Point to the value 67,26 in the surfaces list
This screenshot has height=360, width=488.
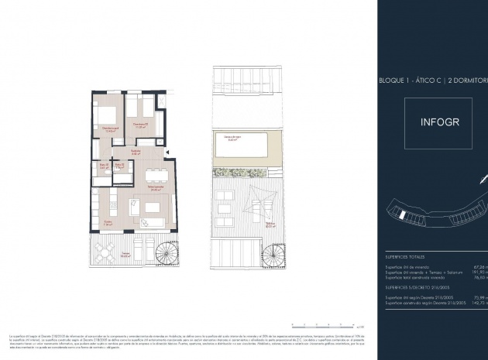point(478,266)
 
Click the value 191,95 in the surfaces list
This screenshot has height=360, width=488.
point(478,271)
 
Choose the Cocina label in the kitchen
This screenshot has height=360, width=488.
point(109,223)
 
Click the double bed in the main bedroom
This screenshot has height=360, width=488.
point(105,115)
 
